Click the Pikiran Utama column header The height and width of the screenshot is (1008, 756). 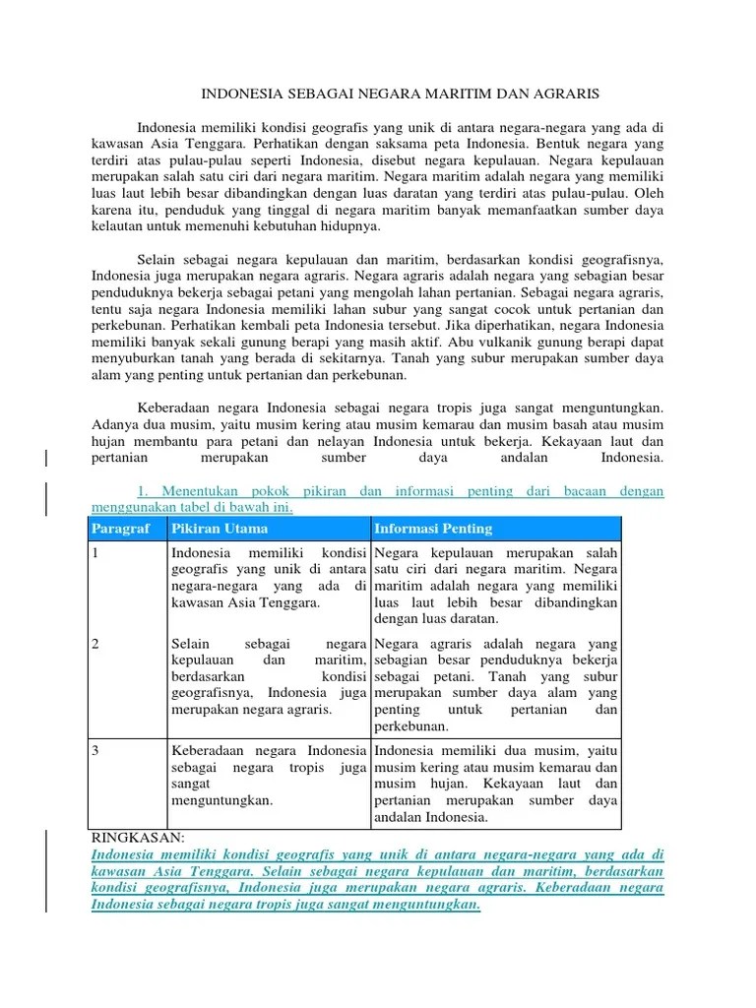pos(208,529)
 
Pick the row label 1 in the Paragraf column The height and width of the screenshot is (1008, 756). pos(95,554)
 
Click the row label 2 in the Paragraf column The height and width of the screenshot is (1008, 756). pos(95,644)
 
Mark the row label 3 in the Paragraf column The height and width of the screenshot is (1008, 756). pos(95,750)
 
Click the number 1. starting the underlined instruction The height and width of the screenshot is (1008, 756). pos(144,490)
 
